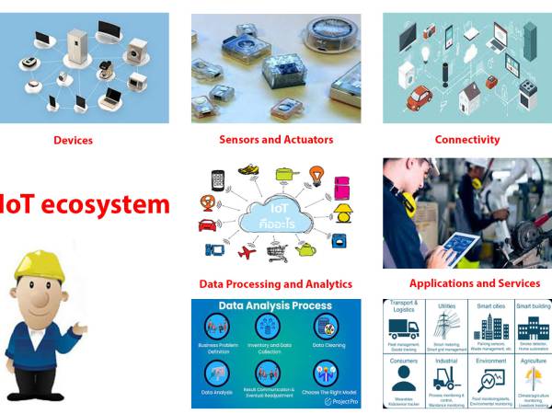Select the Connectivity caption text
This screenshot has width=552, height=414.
pyautogui.click(x=467, y=140)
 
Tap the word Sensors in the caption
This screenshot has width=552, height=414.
pyautogui.click(x=238, y=140)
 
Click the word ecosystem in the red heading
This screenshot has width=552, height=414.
pyautogui.click(x=111, y=204)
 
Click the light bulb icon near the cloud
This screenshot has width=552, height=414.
pyautogui.click(x=316, y=174)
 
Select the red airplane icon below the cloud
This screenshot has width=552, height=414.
pyautogui.click(x=246, y=254)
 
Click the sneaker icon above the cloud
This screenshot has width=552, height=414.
pyautogui.click(x=247, y=169)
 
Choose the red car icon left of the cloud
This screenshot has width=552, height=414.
pyautogui.click(x=206, y=224)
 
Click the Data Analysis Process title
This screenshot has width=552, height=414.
pyautogui.click(x=275, y=306)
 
